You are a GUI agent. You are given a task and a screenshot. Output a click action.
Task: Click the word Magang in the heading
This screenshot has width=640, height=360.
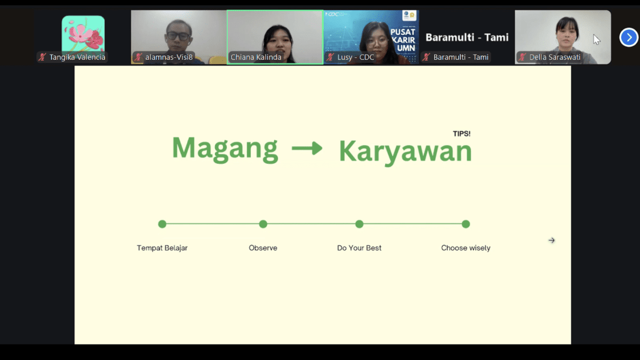point(225,149)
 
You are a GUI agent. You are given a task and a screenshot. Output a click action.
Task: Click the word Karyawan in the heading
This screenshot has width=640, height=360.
point(405,153)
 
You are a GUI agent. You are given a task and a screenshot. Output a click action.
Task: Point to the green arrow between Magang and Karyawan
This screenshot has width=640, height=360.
point(307,148)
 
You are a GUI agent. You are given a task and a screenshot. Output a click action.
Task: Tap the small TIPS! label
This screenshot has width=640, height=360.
point(462,134)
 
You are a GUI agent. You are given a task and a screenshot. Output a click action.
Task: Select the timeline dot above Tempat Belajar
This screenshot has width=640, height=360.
point(162,224)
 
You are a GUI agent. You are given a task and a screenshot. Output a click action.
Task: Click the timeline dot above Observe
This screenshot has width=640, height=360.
point(263,224)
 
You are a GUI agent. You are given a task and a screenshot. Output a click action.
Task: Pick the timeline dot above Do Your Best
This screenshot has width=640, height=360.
point(359,224)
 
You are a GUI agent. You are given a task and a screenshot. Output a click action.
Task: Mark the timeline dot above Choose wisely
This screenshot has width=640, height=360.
point(466,224)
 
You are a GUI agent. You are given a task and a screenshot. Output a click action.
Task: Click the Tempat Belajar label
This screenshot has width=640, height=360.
point(162,248)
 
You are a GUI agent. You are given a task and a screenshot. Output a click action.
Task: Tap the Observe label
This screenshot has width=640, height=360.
point(263,248)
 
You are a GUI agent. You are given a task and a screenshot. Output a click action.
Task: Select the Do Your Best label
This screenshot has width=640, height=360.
point(359,248)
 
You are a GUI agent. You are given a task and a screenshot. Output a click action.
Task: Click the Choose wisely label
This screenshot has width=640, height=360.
point(466,248)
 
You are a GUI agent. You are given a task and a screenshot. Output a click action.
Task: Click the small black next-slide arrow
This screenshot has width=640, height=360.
point(551,241)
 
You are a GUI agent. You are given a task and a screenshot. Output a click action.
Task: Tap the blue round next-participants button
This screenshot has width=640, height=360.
point(629,37)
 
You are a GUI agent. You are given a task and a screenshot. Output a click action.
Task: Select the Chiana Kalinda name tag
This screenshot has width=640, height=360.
point(255,57)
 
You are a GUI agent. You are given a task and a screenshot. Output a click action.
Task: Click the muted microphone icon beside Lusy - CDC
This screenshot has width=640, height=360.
point(330,57)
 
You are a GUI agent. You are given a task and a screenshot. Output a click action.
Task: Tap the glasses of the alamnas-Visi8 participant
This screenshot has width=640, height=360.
point(178,36)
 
